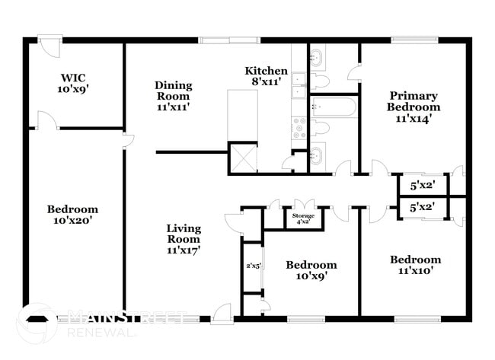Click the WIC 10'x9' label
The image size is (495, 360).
(74, 83)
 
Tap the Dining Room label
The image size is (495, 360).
(174, 96)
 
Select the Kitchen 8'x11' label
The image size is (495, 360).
(266, 76)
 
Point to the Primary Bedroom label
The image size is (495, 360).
(414, 101)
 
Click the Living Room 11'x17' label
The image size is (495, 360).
(184, 238)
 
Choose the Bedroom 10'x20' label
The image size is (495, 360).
(72, 215)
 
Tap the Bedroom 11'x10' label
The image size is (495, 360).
(415, 265)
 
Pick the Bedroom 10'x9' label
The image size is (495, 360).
(311, 270)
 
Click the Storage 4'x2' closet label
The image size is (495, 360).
(303, 218)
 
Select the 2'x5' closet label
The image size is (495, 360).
(252, 266)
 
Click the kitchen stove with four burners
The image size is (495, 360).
(299, 126)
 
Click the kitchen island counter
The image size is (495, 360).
(243, 115)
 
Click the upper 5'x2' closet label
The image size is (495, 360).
(421, 185)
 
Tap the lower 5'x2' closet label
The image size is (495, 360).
(421, 205)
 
